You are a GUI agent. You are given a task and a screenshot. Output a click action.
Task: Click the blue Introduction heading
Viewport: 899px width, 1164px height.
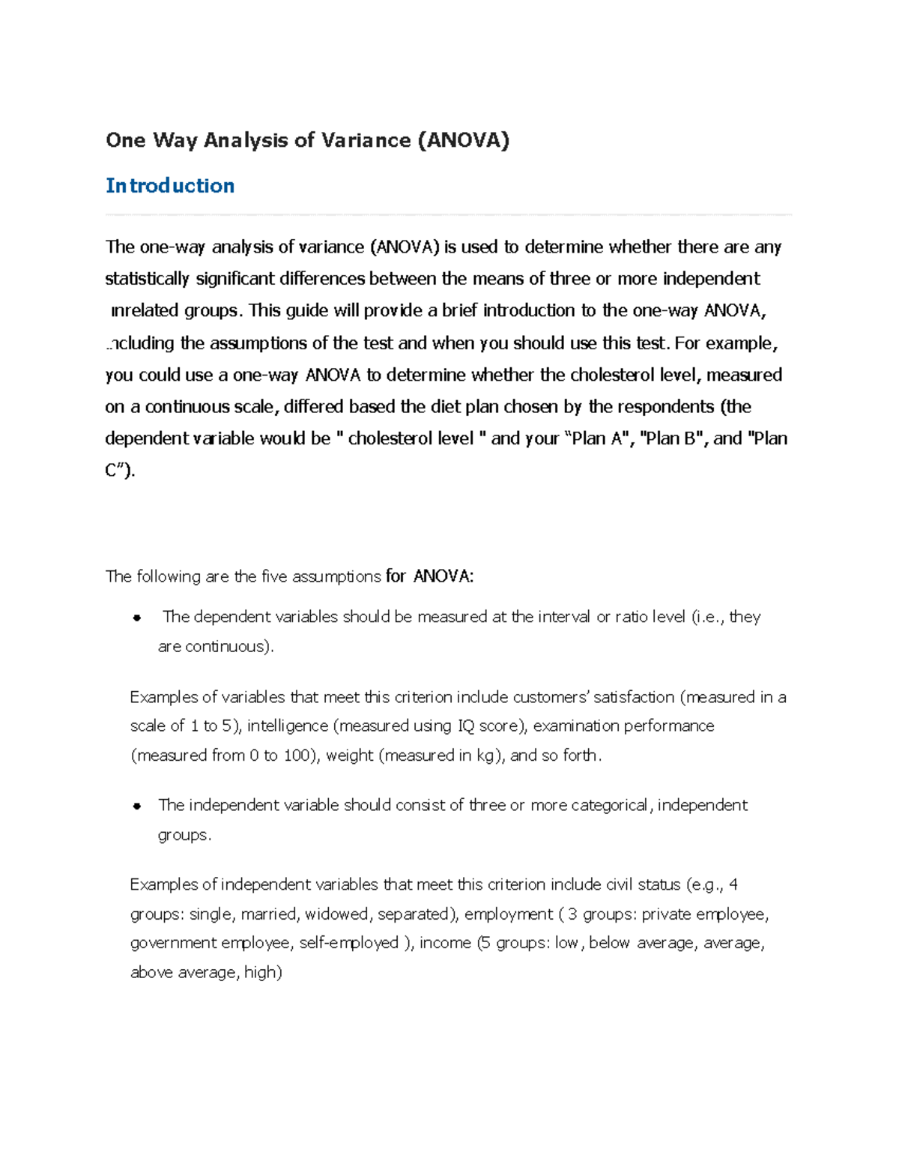[x=170, y=186]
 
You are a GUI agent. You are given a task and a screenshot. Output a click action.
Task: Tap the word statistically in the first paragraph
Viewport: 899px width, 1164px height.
[x=147, y=280]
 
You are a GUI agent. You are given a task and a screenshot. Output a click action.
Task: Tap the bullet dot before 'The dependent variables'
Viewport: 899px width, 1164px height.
[x=136, y=618]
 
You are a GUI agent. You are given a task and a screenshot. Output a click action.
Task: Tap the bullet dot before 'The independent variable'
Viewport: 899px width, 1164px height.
[x=136, y=806]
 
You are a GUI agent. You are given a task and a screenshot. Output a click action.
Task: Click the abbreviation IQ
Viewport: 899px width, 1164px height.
[x=464, y=726]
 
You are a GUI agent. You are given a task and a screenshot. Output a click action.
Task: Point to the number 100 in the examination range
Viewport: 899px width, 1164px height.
[x=297, y=756]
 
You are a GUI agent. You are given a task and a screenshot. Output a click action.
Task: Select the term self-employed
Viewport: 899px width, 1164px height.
[x=348, y=943]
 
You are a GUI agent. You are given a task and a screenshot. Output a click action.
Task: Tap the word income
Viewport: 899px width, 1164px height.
[x=445, y=943]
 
